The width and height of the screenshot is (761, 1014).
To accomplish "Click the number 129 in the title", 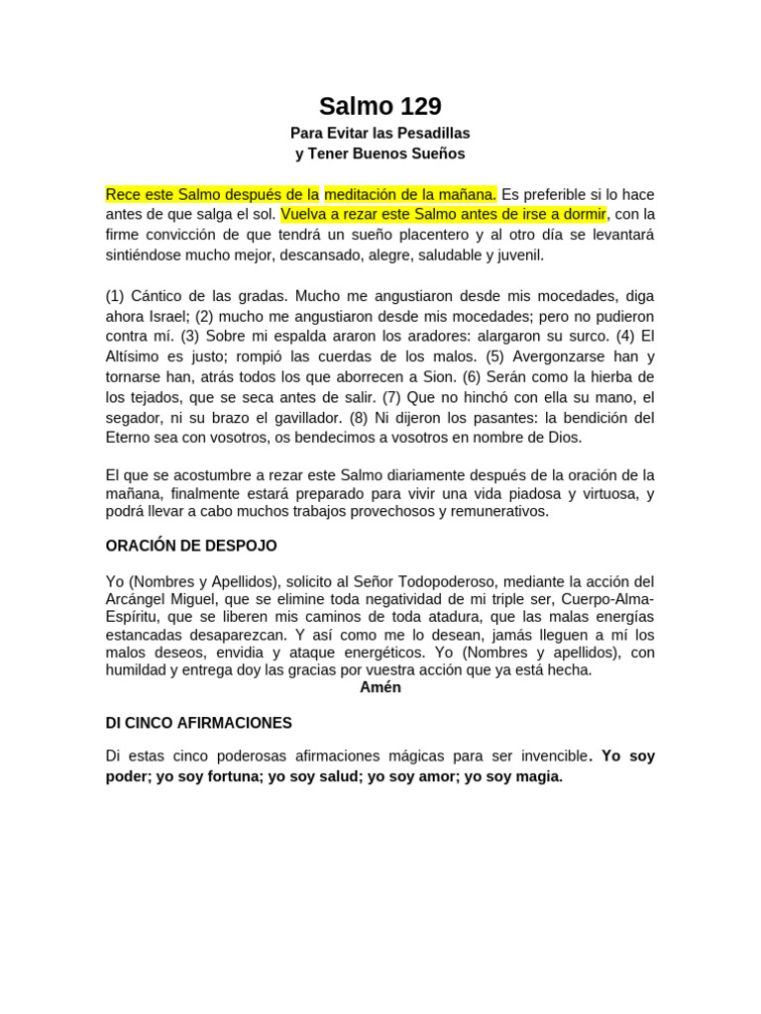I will click(x=418, y=107).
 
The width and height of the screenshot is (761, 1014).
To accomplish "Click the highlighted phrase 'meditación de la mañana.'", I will click(x=410, y=194).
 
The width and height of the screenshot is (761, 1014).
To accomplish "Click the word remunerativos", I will click(x=492, y=512).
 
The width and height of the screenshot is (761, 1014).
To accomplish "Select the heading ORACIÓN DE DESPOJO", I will click(x=191, y=546).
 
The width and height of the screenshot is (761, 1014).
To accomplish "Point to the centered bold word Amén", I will click(x=380, y=687).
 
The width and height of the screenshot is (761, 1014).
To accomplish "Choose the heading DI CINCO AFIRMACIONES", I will click(x=198, y=723).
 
